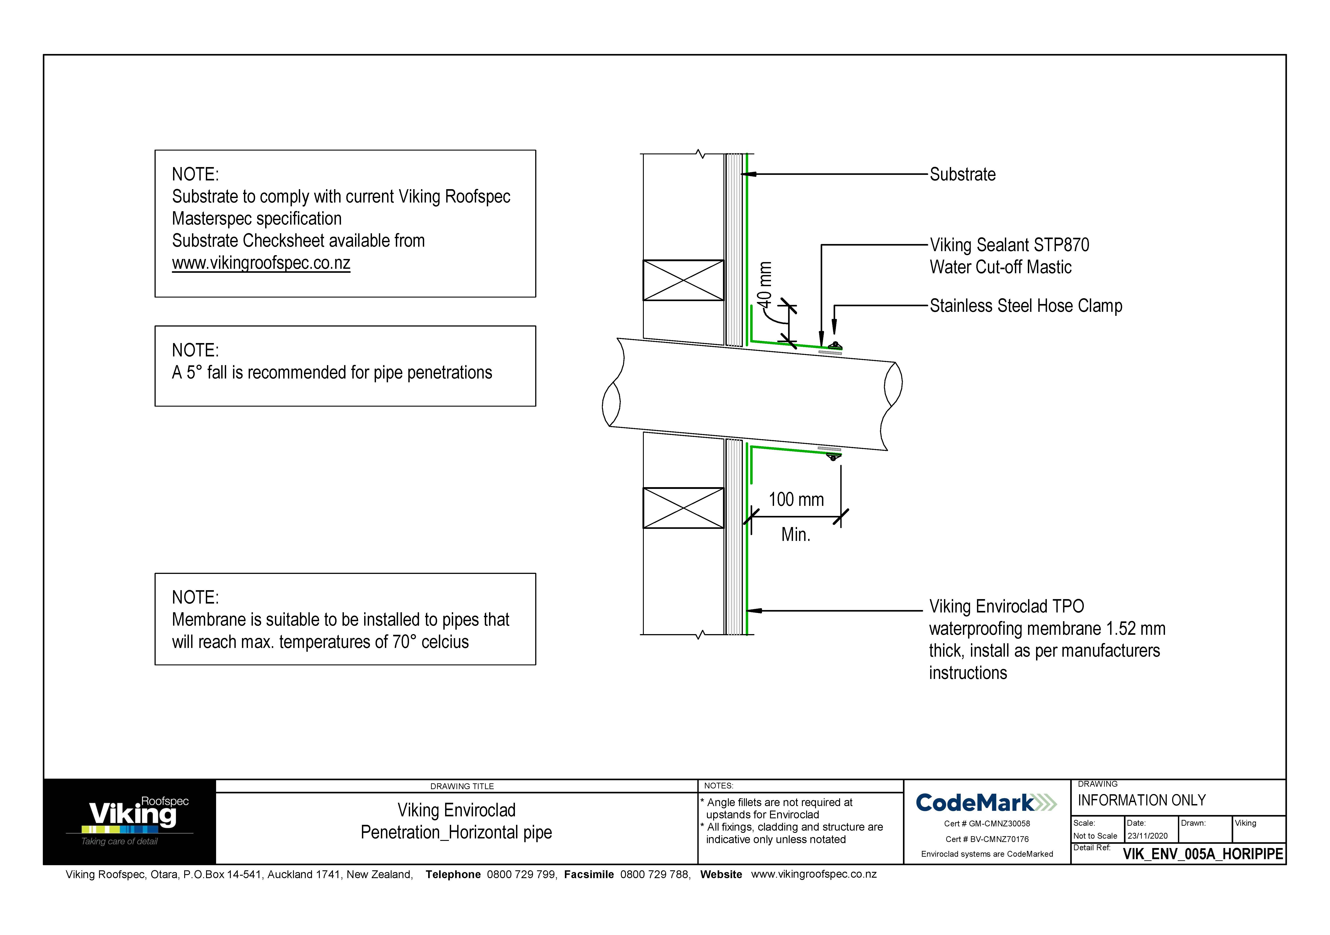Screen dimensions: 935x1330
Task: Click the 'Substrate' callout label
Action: (x=962, y=174)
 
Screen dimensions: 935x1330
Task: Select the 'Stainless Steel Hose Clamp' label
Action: (x=1025, y=306)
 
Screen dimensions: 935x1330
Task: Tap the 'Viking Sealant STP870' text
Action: (x=1009, y=245)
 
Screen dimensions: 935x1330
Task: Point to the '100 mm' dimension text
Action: (x=796, y=499)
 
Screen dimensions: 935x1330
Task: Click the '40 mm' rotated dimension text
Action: (x=765, y=285)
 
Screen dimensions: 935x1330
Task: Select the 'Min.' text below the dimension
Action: (x=795, y=534)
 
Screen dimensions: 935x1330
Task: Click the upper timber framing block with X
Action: (x=684, y=280)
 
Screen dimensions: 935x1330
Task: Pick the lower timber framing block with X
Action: (x=684, y=508)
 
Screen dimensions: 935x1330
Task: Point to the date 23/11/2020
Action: (x=1147, y=836)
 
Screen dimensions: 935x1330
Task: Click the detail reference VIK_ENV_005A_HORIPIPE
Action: (x=1203, y=854)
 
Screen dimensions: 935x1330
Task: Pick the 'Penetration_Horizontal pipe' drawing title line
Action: (x=456, y=832)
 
